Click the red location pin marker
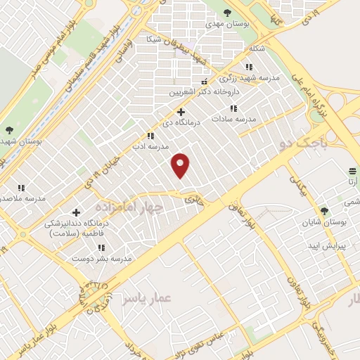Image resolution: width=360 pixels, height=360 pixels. (x=181, y=165)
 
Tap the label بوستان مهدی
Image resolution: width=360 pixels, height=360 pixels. (x=224, y=23)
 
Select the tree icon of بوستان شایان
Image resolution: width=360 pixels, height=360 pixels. (x=324, y=210)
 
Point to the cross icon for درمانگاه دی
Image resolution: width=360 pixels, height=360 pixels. (x=181, y=112)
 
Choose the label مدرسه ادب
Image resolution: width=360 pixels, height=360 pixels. (x=146, y=148)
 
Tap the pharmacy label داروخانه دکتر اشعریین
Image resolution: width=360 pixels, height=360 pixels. (x=205, y=91)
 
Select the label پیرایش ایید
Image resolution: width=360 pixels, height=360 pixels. (x=324, y=245)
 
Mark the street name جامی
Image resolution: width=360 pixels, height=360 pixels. (x=192, y=200)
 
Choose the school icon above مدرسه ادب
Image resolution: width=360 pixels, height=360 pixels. (x=150, y=136)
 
